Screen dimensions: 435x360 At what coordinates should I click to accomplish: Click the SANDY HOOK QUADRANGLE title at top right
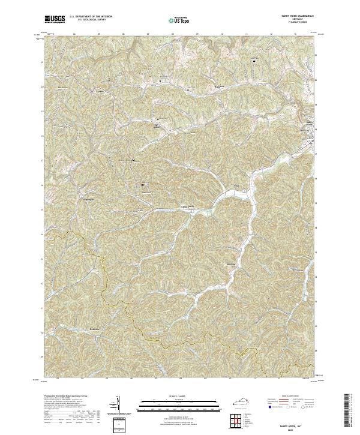292,16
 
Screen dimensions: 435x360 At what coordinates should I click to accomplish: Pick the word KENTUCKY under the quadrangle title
292,19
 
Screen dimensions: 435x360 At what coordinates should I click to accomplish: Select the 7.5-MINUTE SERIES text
292,22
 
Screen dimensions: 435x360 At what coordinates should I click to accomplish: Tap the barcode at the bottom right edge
346,414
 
